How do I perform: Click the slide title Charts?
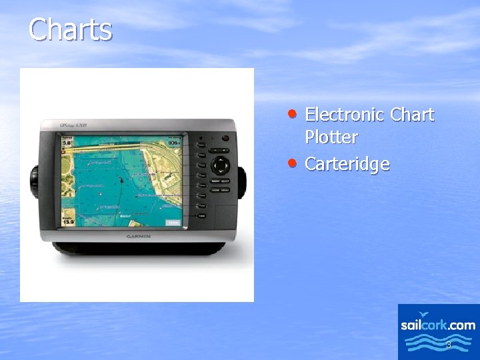pyautogui.click(x=71, y=30)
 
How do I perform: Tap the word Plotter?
pyautogui.click(x=331, y=138)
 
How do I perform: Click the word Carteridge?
pyautogui.click(x=347, y=164)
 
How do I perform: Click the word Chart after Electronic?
pyautogui.click(x=412, y=115)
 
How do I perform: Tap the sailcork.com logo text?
pyautogui.click(x=438, y=325)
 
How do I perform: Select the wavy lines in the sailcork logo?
pyautogui.click(x=438, y=343)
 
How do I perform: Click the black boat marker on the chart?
pyautogui.click(x=121, y=180)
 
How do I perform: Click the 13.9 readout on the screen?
pyautogui.click(x=68, y=220)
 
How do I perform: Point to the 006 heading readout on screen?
pyautogui.click(x=173, y=143)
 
